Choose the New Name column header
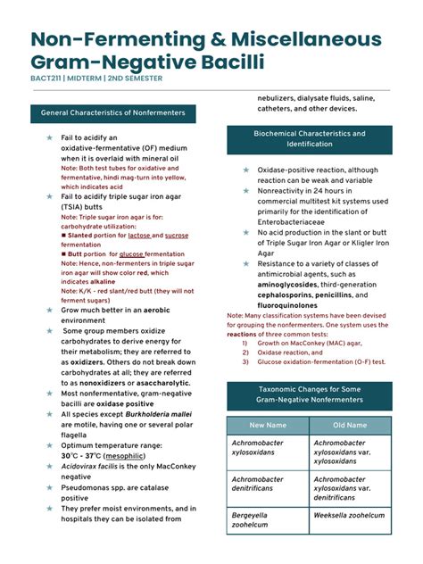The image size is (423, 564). pyautogui.click(x=268, y=426)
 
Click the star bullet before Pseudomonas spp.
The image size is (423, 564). pyautogui.click(x=50, y=489)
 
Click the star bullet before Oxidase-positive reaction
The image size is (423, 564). pyautogui.click(x=246, y=170)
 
